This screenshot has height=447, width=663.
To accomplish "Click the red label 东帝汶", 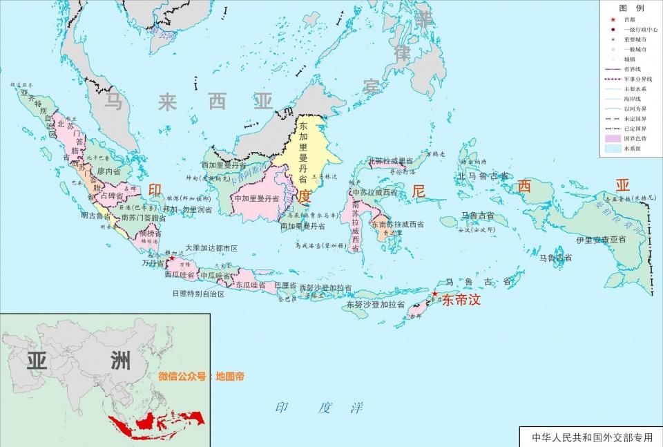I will pos(461,301).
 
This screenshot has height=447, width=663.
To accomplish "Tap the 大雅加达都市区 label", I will pos(211,247).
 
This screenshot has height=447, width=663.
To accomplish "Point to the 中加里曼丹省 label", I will pos(256,198).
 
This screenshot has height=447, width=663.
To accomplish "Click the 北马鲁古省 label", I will pos(483,176).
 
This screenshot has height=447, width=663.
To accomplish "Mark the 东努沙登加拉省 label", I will pos(373,303).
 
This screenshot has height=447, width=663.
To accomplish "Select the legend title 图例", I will pos(632,7).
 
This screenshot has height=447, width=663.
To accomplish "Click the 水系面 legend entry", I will pos(633,149).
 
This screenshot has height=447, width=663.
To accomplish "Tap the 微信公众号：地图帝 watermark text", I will pos(201,377).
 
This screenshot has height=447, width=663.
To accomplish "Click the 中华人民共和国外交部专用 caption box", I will pos(592,437).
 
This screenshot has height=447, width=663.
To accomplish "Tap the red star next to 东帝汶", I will pos(435,295).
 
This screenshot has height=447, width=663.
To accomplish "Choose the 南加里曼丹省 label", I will pos(302,226).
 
